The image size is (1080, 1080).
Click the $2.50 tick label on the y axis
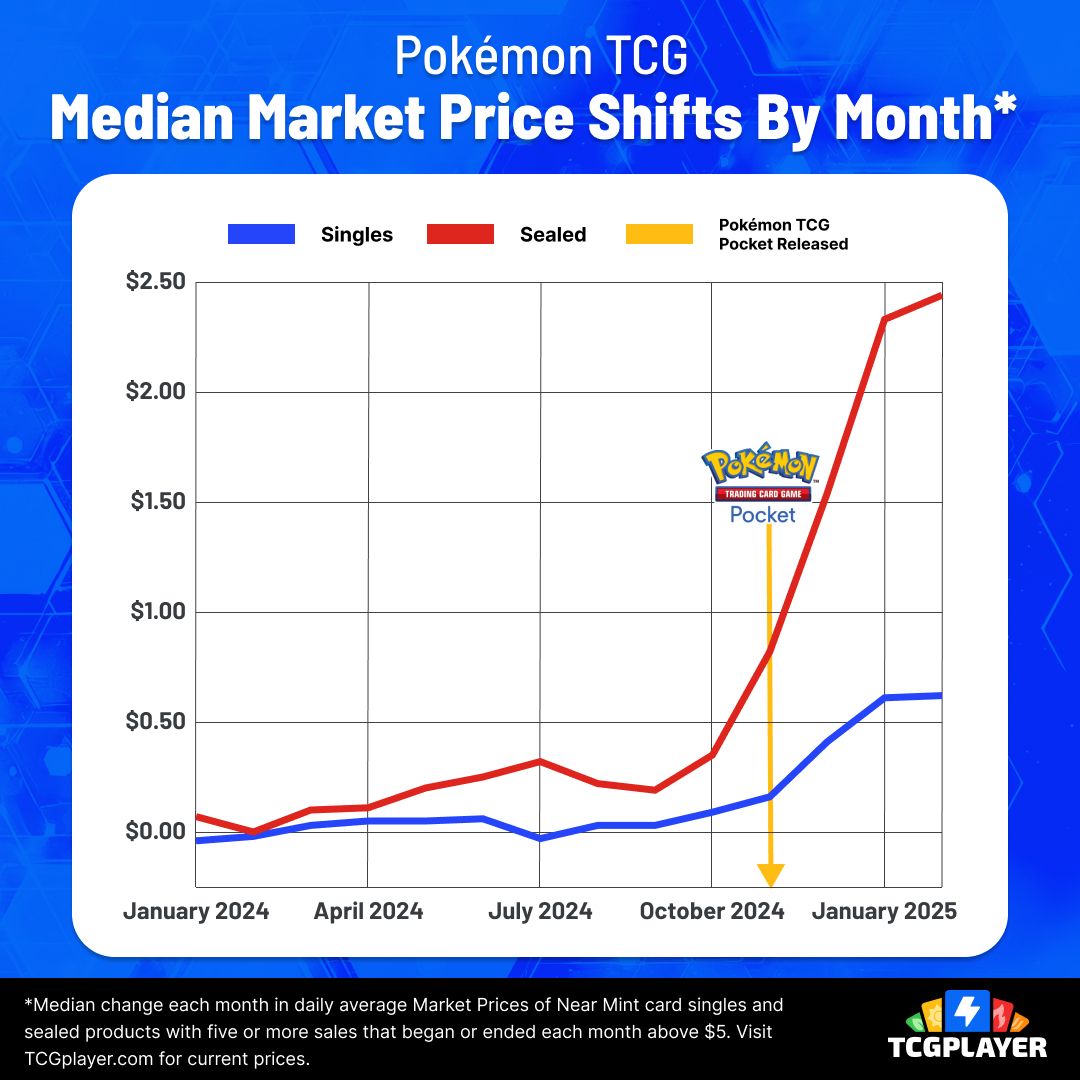[155, 282]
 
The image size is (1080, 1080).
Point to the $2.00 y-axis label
[155, 392]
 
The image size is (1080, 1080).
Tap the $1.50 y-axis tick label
[157, 502]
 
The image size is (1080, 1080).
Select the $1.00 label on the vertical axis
[157, 612]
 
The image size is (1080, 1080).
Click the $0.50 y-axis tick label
[155, 722]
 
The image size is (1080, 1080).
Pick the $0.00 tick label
[155, 832]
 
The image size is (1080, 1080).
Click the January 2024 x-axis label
[196, 912]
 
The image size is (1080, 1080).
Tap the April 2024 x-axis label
[369, 912]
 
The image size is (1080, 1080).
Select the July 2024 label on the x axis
[540, 912]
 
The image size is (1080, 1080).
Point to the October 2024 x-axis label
[712, 912]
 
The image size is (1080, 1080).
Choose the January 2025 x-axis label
[884, 912]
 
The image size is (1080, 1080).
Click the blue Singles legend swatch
[262, 235]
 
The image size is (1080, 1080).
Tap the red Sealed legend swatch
[460, 235]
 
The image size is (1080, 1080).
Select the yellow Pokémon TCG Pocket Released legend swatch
[659, 235]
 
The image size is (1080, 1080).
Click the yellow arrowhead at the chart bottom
[770, 875]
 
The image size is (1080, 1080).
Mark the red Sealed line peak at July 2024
[540, 761]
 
